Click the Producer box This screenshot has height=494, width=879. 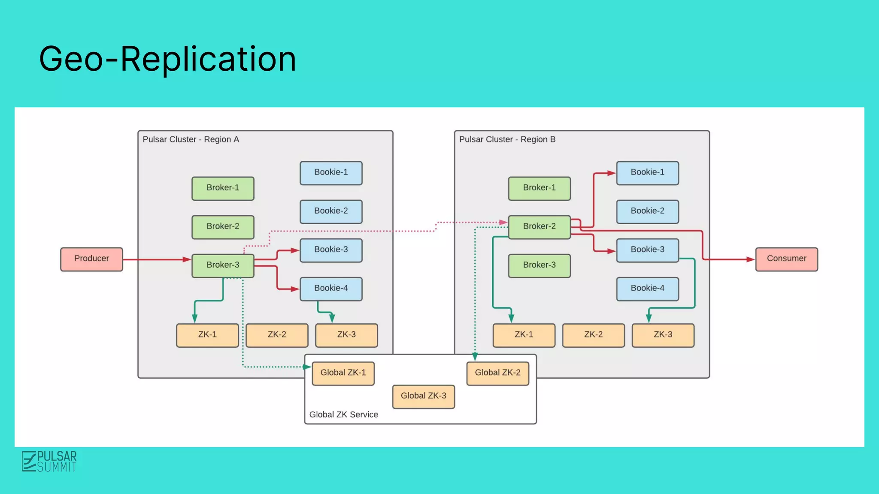coord(91,259)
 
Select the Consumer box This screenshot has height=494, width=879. coord(786,259)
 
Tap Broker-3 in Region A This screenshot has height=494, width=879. coord(223,265)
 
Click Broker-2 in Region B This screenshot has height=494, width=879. coord(539,227)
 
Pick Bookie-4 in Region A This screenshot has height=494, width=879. coord(331,289)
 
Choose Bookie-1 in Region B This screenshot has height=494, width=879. coord(647,173)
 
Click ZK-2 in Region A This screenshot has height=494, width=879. coord(277,335)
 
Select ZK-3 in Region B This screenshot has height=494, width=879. coord(663,335)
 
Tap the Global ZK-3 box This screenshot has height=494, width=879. coord(423,396)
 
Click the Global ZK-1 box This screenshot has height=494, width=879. coord(343,373)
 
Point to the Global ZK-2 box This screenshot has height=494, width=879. coord(497,373)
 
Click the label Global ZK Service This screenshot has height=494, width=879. coord(343,415)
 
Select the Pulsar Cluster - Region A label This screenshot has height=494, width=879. coord(191,139)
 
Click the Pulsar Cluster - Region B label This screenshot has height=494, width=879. coord(507,139)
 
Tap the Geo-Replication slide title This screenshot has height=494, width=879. coord(167,59)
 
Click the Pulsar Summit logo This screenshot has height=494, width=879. coord(49,461)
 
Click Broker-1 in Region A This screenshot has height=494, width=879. coord(223,188)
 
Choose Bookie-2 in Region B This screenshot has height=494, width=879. coord(647,211)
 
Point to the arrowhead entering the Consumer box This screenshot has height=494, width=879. coord(750,259)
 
